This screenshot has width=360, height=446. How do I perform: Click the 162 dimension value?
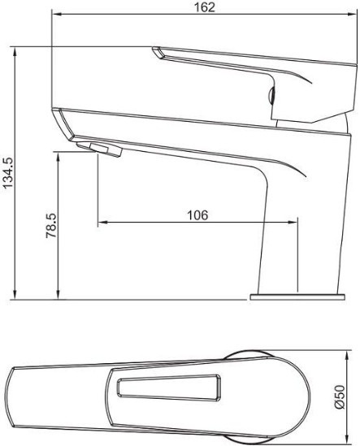click(x=204, y=6)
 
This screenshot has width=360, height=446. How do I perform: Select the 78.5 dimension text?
click(x=51, y=226)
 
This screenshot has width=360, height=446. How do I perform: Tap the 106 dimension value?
click(x=197, y=215)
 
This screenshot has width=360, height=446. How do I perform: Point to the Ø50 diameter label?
click(x=340, y=396)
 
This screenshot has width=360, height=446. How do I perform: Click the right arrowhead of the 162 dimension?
click(x=353, y=15)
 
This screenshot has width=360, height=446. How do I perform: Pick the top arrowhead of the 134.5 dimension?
click(x=15, y=51)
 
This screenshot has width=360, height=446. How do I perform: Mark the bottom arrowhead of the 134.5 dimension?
click(x=15, y=295)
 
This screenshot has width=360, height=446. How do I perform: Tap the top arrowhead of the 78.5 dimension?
click(x=58, y=157)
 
